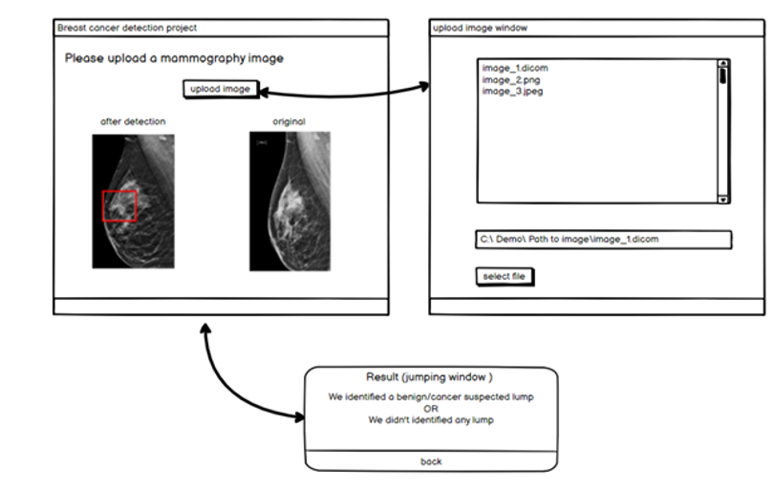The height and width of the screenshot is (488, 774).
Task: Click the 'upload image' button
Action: click(x=220, y=89)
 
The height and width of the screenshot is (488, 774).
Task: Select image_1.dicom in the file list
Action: click(x=515, y=69)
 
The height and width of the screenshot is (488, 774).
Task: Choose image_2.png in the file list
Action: click(x=511, y=80)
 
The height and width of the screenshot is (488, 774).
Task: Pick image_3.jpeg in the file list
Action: click(x=513, y=92)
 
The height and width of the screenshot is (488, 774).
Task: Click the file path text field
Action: click(x=603, y=239)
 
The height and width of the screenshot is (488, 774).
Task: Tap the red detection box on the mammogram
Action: click(x=120, y=206)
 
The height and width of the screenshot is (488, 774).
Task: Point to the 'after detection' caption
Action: click(x=133, y=121)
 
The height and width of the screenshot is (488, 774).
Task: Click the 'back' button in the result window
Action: click(x=431, y=461)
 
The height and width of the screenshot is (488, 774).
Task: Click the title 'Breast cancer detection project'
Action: click(x=127, y=29)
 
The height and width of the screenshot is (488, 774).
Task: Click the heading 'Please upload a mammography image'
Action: click(x=174, y=59)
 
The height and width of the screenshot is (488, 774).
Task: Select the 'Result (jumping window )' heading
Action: click(x=430, y=377)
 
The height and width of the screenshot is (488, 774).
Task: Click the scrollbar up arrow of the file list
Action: click(x=722, y=66)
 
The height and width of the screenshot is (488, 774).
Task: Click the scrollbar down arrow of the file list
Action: click(x=722, y=199)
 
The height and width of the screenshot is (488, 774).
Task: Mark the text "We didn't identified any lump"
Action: click(x=430, y=420)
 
